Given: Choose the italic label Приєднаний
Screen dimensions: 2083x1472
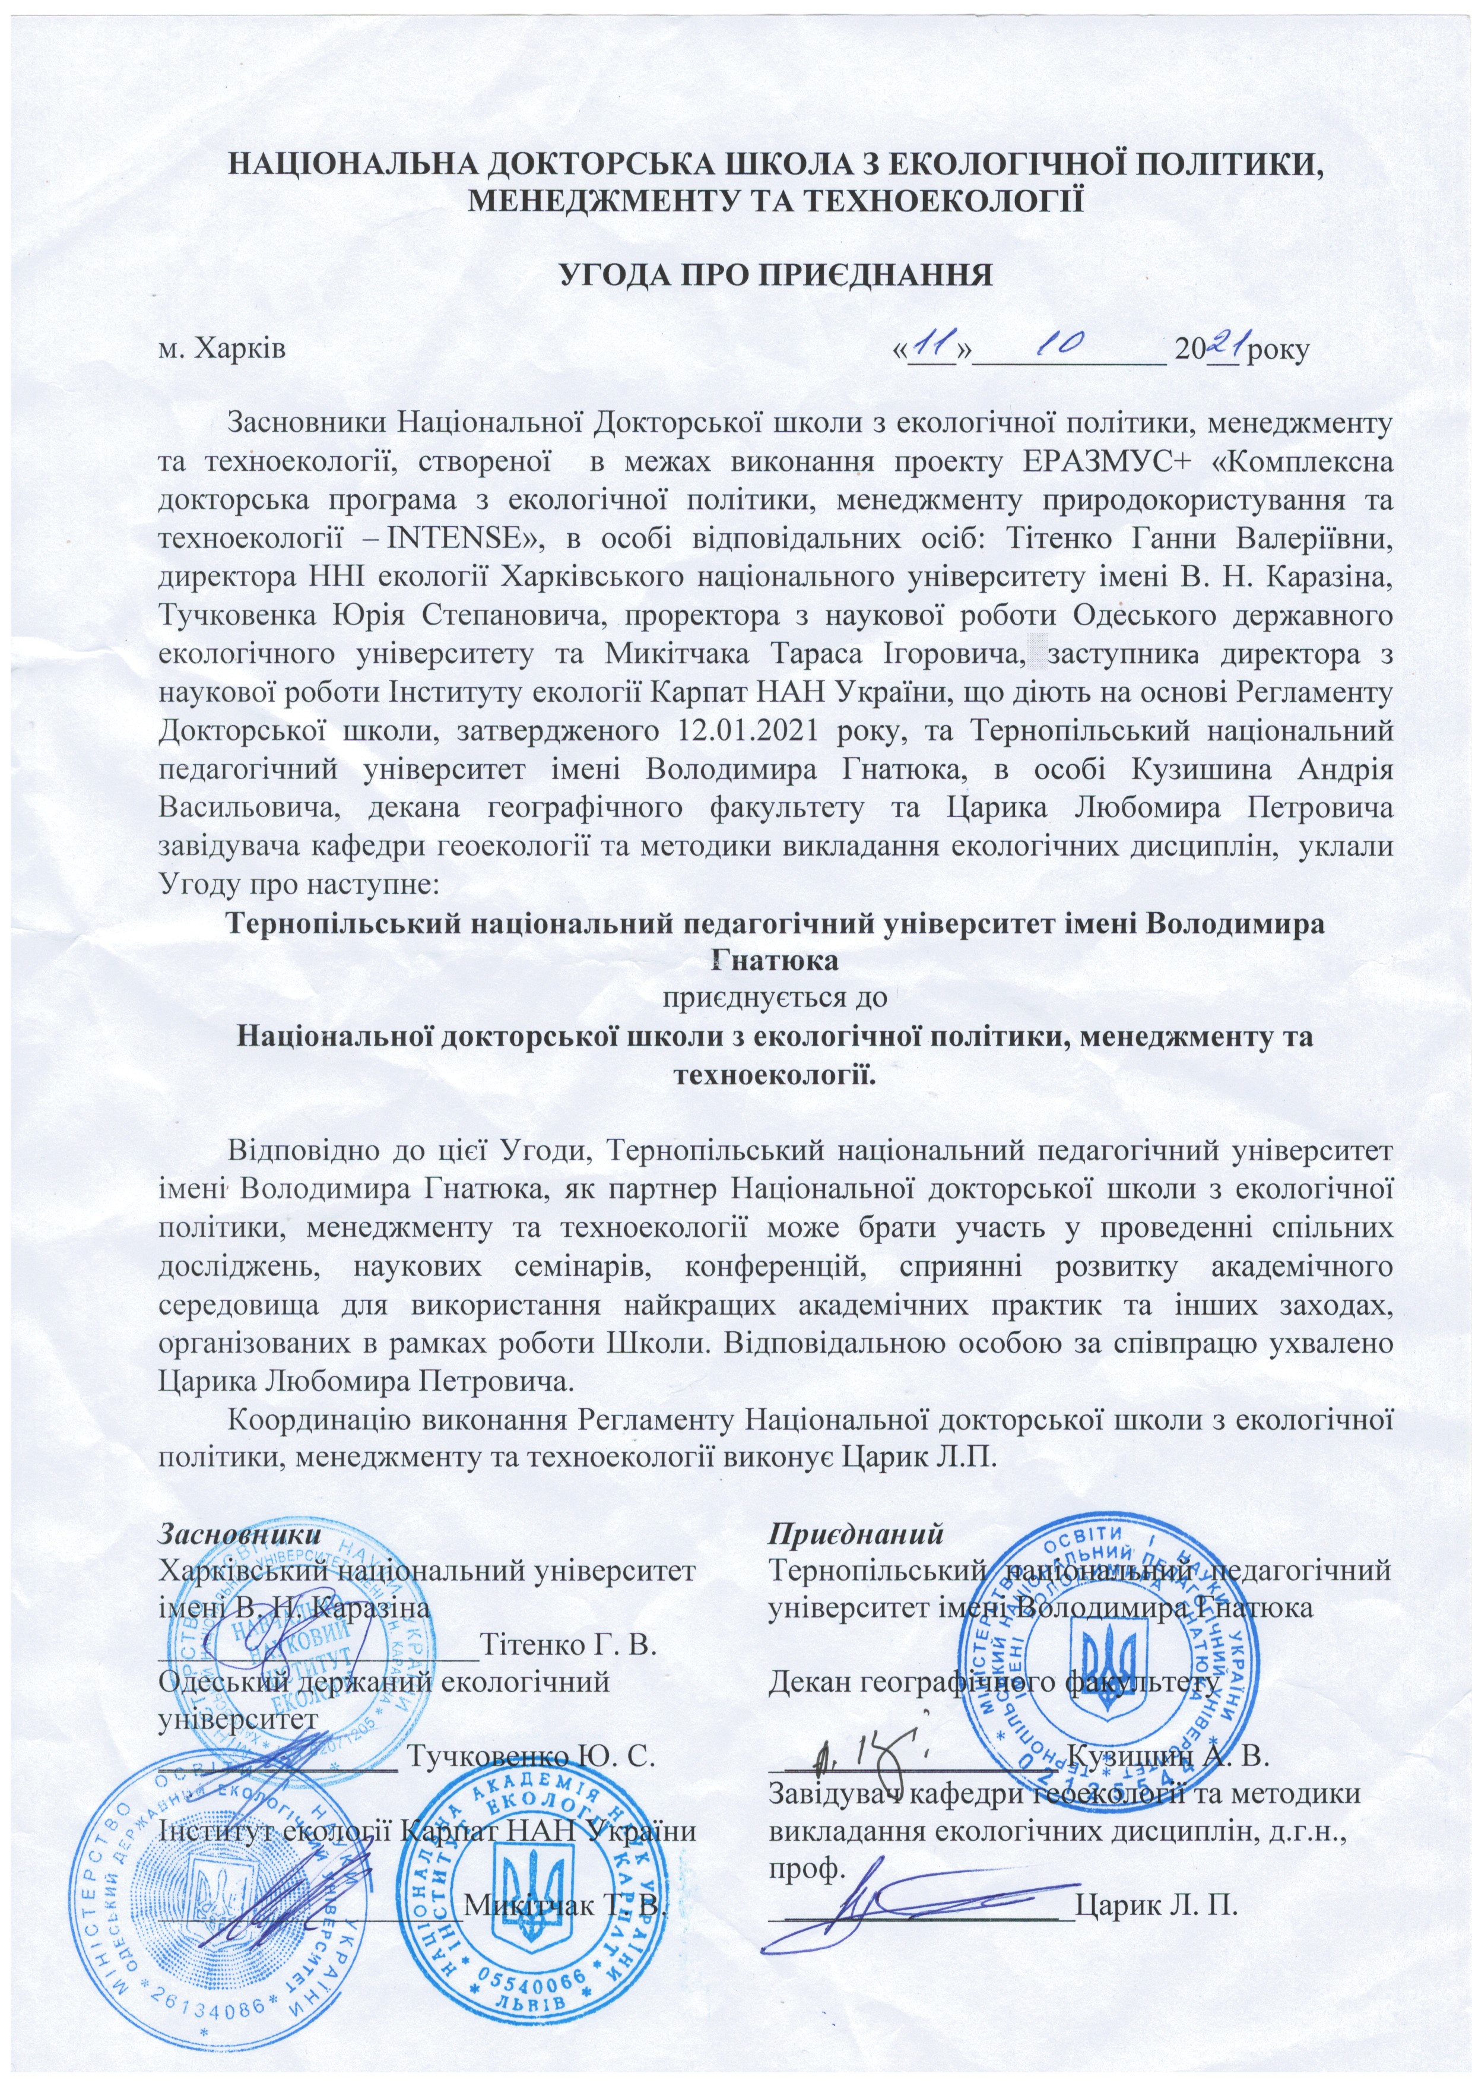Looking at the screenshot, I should [855, 1533].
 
